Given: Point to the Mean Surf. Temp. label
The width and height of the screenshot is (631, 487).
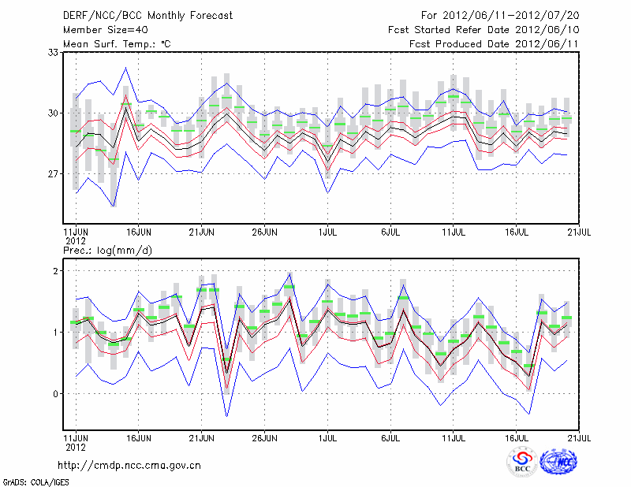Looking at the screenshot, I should [117, 43].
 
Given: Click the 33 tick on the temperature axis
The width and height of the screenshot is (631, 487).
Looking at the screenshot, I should [54, 53].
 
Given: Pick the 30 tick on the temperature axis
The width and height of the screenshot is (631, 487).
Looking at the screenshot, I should [54, 113].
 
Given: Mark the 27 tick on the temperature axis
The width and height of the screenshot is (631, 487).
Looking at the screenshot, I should [54, 173].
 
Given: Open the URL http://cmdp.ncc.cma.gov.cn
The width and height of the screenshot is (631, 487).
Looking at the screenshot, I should [129, 465].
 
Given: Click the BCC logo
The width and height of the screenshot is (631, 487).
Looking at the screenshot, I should [521, 463].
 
